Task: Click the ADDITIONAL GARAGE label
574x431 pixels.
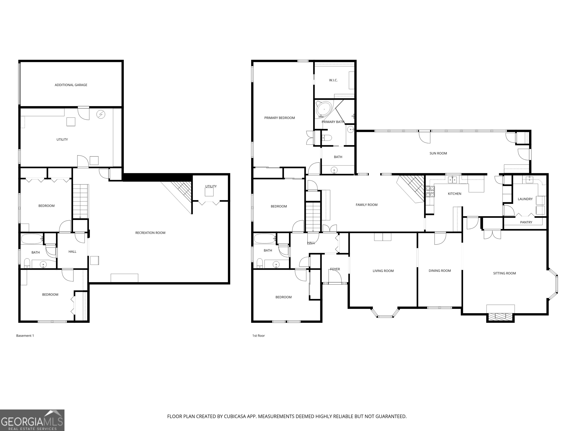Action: click(71, 85)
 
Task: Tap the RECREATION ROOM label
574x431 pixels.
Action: click(150, 233)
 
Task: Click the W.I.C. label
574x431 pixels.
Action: click(333, 80)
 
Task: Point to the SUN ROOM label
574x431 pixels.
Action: click(438, 153)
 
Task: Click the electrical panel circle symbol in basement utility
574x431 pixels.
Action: click(101, 114)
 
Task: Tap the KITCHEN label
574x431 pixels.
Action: click(454, 194)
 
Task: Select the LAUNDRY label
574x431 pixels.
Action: click(525, 199)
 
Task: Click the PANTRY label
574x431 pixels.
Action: click(526, 222)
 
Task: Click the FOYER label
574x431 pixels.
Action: click(335, 269)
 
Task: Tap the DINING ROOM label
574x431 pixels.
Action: click(440, 271)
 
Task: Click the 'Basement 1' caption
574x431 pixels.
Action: click(25, 336)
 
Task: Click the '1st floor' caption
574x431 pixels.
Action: click(258, 336)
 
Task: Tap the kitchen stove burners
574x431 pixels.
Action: click(430, 192)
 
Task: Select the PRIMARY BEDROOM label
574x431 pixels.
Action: click(280, 118)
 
